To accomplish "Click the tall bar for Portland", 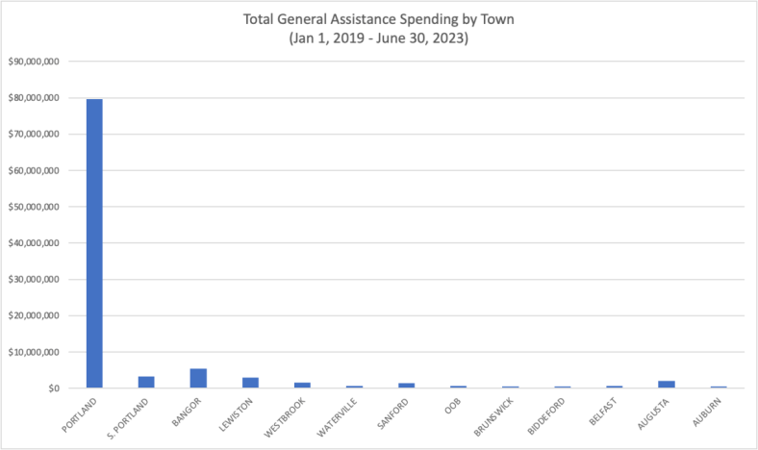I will point(94,242).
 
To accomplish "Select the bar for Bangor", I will point(198,378).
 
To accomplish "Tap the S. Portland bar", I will point(146,382).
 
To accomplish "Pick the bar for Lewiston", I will point(250,383).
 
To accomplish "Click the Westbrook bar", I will point(302,385).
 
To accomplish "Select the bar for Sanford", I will point(406,385).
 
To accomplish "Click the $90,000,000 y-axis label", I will point(35,62).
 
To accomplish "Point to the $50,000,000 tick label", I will point(35,207).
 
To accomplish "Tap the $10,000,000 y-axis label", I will point(35,352).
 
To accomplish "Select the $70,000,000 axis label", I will point(35,135).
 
